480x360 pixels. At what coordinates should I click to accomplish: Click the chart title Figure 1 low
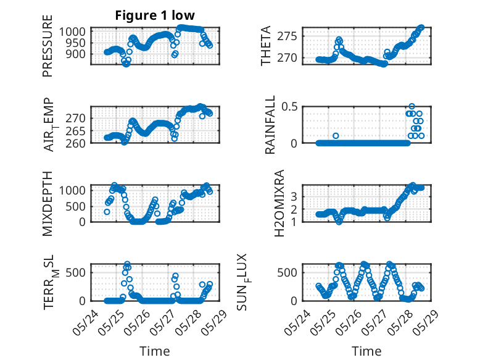click(155, 15)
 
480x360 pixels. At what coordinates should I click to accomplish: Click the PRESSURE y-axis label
click(48, 46)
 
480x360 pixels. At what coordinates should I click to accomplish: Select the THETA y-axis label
click(266, 46)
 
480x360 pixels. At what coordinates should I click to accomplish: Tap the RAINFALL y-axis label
click(270, 125)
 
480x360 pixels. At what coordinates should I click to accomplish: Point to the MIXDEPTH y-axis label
click(48, 204)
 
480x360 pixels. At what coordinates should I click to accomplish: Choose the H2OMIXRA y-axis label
click(279, 203)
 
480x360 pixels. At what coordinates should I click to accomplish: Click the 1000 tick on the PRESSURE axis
click(72, 31)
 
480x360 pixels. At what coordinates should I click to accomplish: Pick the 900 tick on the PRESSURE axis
click(76, 54)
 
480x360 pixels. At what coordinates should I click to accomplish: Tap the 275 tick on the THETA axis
click(287, 36)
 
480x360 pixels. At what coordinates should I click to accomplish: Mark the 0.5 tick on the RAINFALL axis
click(289, 107)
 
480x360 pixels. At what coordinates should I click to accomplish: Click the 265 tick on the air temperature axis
click(76, 131)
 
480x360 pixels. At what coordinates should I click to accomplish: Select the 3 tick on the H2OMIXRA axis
click(294, 196)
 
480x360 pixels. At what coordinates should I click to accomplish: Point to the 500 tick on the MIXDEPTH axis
click(76, 206)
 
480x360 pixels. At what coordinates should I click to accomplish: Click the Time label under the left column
click(155, 351)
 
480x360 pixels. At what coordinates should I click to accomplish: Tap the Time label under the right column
click(366, 351)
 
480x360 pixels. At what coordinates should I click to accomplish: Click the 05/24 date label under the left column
click(85, 322)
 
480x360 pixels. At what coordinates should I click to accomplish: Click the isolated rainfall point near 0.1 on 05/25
click(336, 136)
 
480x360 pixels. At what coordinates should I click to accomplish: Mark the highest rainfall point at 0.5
click(412, 106)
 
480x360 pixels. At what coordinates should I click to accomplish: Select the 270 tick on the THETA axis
click(287, 57)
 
